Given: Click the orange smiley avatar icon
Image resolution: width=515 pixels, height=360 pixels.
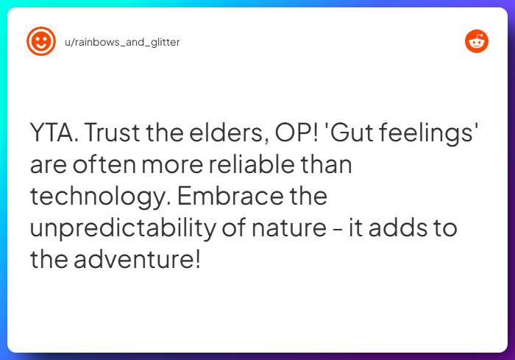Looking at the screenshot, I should click(x=41, y=41).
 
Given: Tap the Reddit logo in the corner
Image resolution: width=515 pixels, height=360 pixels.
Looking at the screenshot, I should click(x=477, y=41).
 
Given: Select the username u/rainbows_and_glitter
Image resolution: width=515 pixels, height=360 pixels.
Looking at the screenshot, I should click(x=122, y=42).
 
